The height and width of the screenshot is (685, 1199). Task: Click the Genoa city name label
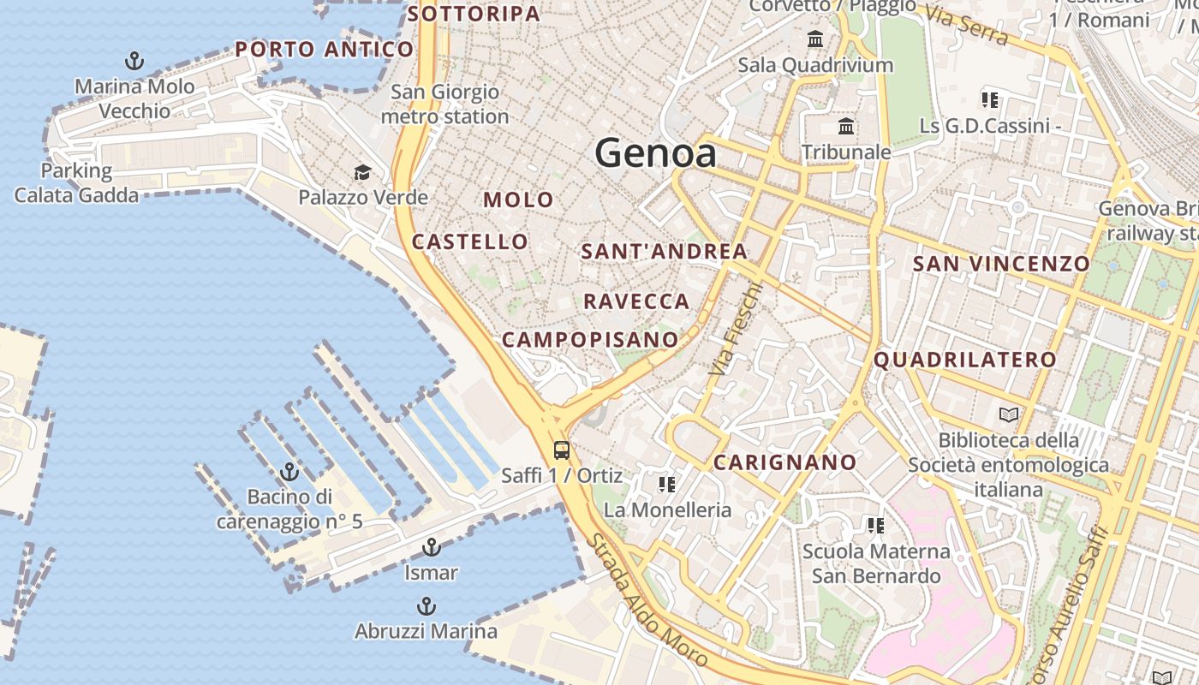click(x=655, y=153)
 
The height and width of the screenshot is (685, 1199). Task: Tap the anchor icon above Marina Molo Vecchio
click(x=134, y=61)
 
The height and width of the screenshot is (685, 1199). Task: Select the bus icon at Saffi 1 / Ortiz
click(x=562, y=450)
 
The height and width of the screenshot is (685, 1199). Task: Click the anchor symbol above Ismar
click(x=432, y=547)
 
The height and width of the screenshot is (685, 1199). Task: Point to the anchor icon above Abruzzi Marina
click(x=426, y=606)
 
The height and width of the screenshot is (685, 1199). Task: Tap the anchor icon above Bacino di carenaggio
click(x=289, y=472)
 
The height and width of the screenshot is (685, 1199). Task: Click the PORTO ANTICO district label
click(x=325, y=50)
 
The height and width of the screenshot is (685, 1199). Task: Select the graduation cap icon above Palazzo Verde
click(x=362, y=172)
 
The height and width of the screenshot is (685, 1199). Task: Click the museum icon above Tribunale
click(x=846, y=127)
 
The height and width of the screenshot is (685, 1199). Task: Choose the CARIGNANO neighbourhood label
click(x=784, y=463)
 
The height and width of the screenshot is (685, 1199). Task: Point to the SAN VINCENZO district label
click(x=1001, y=264)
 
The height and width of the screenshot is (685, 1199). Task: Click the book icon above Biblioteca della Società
click(x=1010, y=415)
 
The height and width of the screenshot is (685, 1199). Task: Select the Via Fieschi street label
click(x=735, y=329)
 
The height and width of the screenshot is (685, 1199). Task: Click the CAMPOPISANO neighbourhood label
click(x=589, y=340)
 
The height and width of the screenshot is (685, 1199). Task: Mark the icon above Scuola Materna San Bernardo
click(x=875, y=525)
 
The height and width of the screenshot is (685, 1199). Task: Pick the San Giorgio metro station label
click(x=444, y=104)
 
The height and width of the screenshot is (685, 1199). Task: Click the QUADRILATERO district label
click(x=964, y=360)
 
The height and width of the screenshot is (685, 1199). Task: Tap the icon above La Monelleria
click(x=666, y=485)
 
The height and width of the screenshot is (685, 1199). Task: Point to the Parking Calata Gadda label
click(x=76, y=182)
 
